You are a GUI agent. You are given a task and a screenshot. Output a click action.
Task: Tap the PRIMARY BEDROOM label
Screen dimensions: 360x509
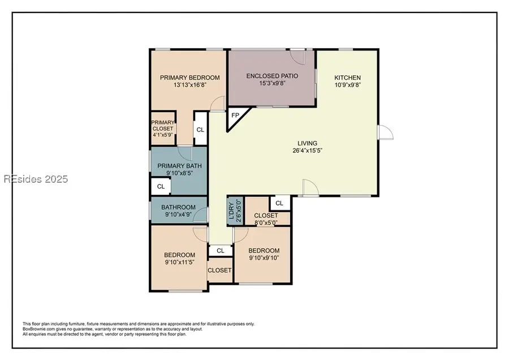coord(189,78)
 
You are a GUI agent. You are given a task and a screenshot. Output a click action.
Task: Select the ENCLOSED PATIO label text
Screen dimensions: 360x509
coord(272,76)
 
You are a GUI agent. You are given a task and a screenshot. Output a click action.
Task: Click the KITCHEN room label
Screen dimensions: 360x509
coord(347,78)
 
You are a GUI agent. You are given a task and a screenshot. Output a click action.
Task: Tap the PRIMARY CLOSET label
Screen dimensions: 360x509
coord(162,128)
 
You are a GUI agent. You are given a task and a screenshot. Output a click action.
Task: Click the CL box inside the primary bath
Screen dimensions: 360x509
coord(161,186)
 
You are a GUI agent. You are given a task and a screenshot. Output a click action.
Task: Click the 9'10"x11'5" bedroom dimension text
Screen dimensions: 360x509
coord(180,262)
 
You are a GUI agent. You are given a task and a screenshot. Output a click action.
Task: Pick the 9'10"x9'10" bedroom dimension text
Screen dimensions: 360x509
coord(264,258)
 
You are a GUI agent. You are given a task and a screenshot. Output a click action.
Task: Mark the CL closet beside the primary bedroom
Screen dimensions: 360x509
coord(200,129)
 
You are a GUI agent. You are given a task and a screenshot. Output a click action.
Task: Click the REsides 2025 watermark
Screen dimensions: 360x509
coord(35,179)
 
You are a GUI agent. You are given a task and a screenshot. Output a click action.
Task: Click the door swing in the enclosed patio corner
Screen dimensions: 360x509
coord(299,57)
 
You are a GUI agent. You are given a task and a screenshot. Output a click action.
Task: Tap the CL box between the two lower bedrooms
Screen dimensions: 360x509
coord(221,250)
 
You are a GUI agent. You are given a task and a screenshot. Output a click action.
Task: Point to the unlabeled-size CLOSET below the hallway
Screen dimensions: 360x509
coord(219,271)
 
